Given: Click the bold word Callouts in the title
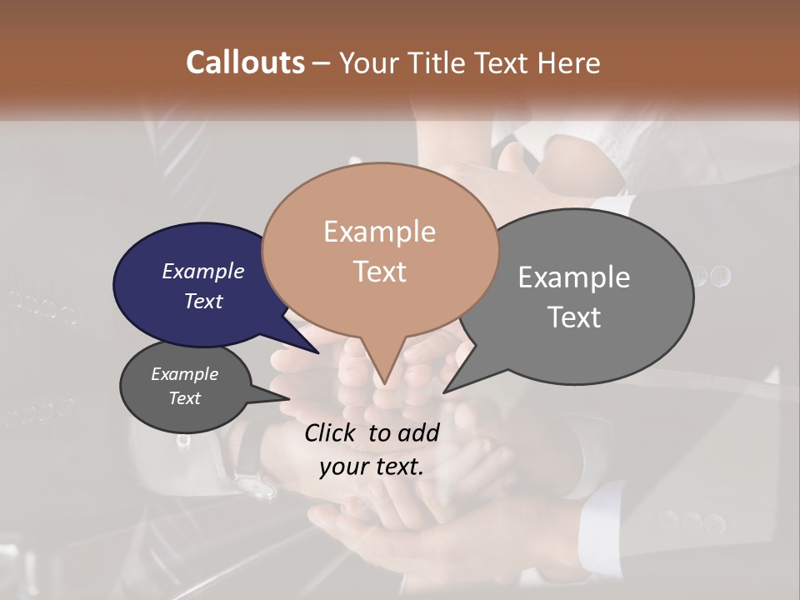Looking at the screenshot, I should (x=245, y=62).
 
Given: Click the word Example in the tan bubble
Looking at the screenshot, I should (x=379, y=232).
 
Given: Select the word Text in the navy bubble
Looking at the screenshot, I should (x=202, y=301).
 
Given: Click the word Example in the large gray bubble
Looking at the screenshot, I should (x=574, y=277).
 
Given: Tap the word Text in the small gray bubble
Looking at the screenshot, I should (x=184, y=398).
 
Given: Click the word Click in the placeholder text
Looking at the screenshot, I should (x=331, y=432).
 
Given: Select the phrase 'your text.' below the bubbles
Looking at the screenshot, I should (x=372, y=466).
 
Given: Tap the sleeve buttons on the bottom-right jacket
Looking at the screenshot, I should (x=692, y=522).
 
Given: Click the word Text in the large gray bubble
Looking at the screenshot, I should (x=574, y=317).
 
